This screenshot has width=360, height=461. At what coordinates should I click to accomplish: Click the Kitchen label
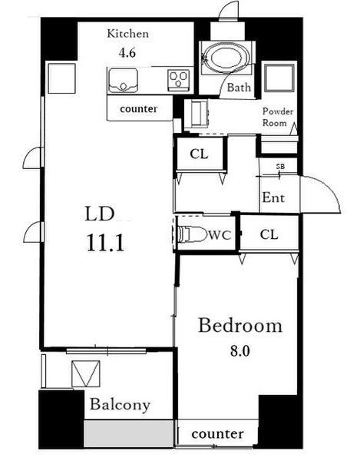click(127, 34)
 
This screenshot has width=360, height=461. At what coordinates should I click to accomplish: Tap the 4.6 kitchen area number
click(127, 53)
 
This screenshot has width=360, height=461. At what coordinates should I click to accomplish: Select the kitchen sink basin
click(123, 81)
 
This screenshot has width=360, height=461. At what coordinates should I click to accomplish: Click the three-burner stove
click(178, 79)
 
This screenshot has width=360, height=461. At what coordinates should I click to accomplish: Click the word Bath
click(239, 88)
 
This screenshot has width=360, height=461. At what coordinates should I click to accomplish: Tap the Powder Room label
click(278, 117)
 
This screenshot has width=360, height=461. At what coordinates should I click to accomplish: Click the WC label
click(220, 235)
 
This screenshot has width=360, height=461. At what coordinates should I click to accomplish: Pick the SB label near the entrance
click(280, 167)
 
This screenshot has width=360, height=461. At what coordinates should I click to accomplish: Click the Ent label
click(273, 197)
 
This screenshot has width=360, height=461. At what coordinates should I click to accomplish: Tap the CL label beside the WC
click(269, 234)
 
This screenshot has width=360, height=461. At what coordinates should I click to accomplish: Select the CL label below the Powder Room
click(199, 154)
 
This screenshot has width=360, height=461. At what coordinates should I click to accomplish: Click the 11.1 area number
click(105, 244)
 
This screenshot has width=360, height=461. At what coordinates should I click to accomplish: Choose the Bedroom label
click(240, 326)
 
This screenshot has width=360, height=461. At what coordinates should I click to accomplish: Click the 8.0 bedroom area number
click(239, 351)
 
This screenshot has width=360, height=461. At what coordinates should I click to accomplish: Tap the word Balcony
click(120, 405)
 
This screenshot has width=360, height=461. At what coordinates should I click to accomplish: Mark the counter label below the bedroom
click(217, 434)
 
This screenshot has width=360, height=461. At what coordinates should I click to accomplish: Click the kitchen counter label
click(139, 108)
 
